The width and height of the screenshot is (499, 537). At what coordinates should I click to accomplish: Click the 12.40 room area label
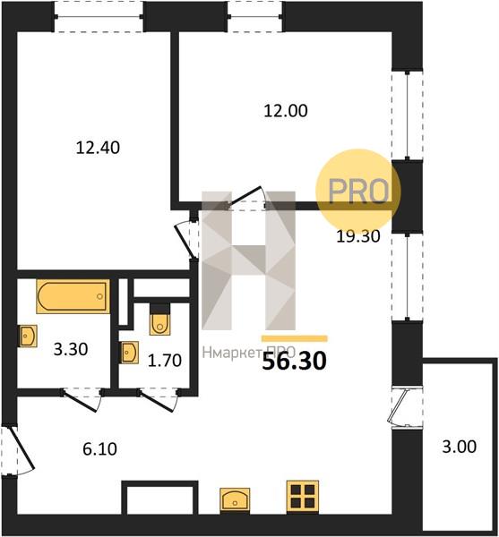[98, 148]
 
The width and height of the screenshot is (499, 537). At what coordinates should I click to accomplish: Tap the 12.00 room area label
[286, 111]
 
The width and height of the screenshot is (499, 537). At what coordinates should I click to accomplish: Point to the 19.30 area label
[358, 236]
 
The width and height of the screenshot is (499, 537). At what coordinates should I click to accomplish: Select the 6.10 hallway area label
[99, 449]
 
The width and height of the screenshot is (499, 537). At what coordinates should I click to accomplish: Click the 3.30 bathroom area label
[71, 350]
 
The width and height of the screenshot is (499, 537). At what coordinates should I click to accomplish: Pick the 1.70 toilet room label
[165, 361]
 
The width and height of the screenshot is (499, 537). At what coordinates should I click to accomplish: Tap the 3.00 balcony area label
[460, 447]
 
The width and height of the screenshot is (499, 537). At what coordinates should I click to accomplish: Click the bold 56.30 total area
[294, 362]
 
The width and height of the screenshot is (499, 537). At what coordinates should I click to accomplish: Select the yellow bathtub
[73, 296]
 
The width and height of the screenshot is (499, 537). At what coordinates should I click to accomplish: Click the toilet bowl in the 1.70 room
[159, 320]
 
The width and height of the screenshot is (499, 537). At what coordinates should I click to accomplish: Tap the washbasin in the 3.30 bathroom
[28, 337]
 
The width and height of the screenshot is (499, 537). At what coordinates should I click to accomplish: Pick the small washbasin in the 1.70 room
[129, 353]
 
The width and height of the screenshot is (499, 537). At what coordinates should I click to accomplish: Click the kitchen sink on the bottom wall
[235, 500]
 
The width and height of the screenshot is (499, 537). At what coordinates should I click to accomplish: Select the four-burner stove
[303, 497]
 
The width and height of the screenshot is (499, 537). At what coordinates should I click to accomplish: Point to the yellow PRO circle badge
[357, 191]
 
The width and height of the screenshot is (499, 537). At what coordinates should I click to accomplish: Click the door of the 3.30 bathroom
[82, 400]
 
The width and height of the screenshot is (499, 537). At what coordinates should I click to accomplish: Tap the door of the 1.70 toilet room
[159, 400]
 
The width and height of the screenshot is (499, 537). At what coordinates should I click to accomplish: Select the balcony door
[397, 407]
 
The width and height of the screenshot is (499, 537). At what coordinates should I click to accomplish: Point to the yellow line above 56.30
[295, 338]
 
